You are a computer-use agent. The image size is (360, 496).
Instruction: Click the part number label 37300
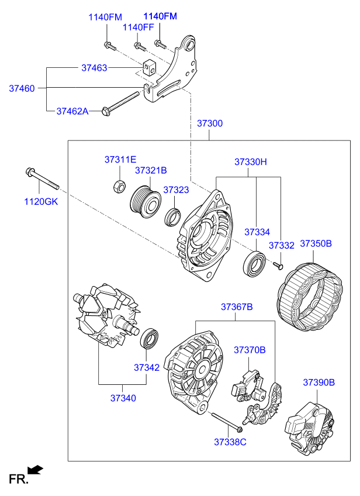tap(210, 123)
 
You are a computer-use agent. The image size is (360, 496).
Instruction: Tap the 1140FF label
tap(138, 27)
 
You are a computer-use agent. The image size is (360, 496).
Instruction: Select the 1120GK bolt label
tap(41, 201)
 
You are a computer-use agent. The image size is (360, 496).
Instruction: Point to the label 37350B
tap(316, 243)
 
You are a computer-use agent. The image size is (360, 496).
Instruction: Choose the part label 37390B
tap(319, 382)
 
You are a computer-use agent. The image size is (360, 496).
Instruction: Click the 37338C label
tap(230, 442)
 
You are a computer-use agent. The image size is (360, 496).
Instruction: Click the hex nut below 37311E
tap(119, 187)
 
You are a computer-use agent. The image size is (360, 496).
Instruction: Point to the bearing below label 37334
tap(254, 263)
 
